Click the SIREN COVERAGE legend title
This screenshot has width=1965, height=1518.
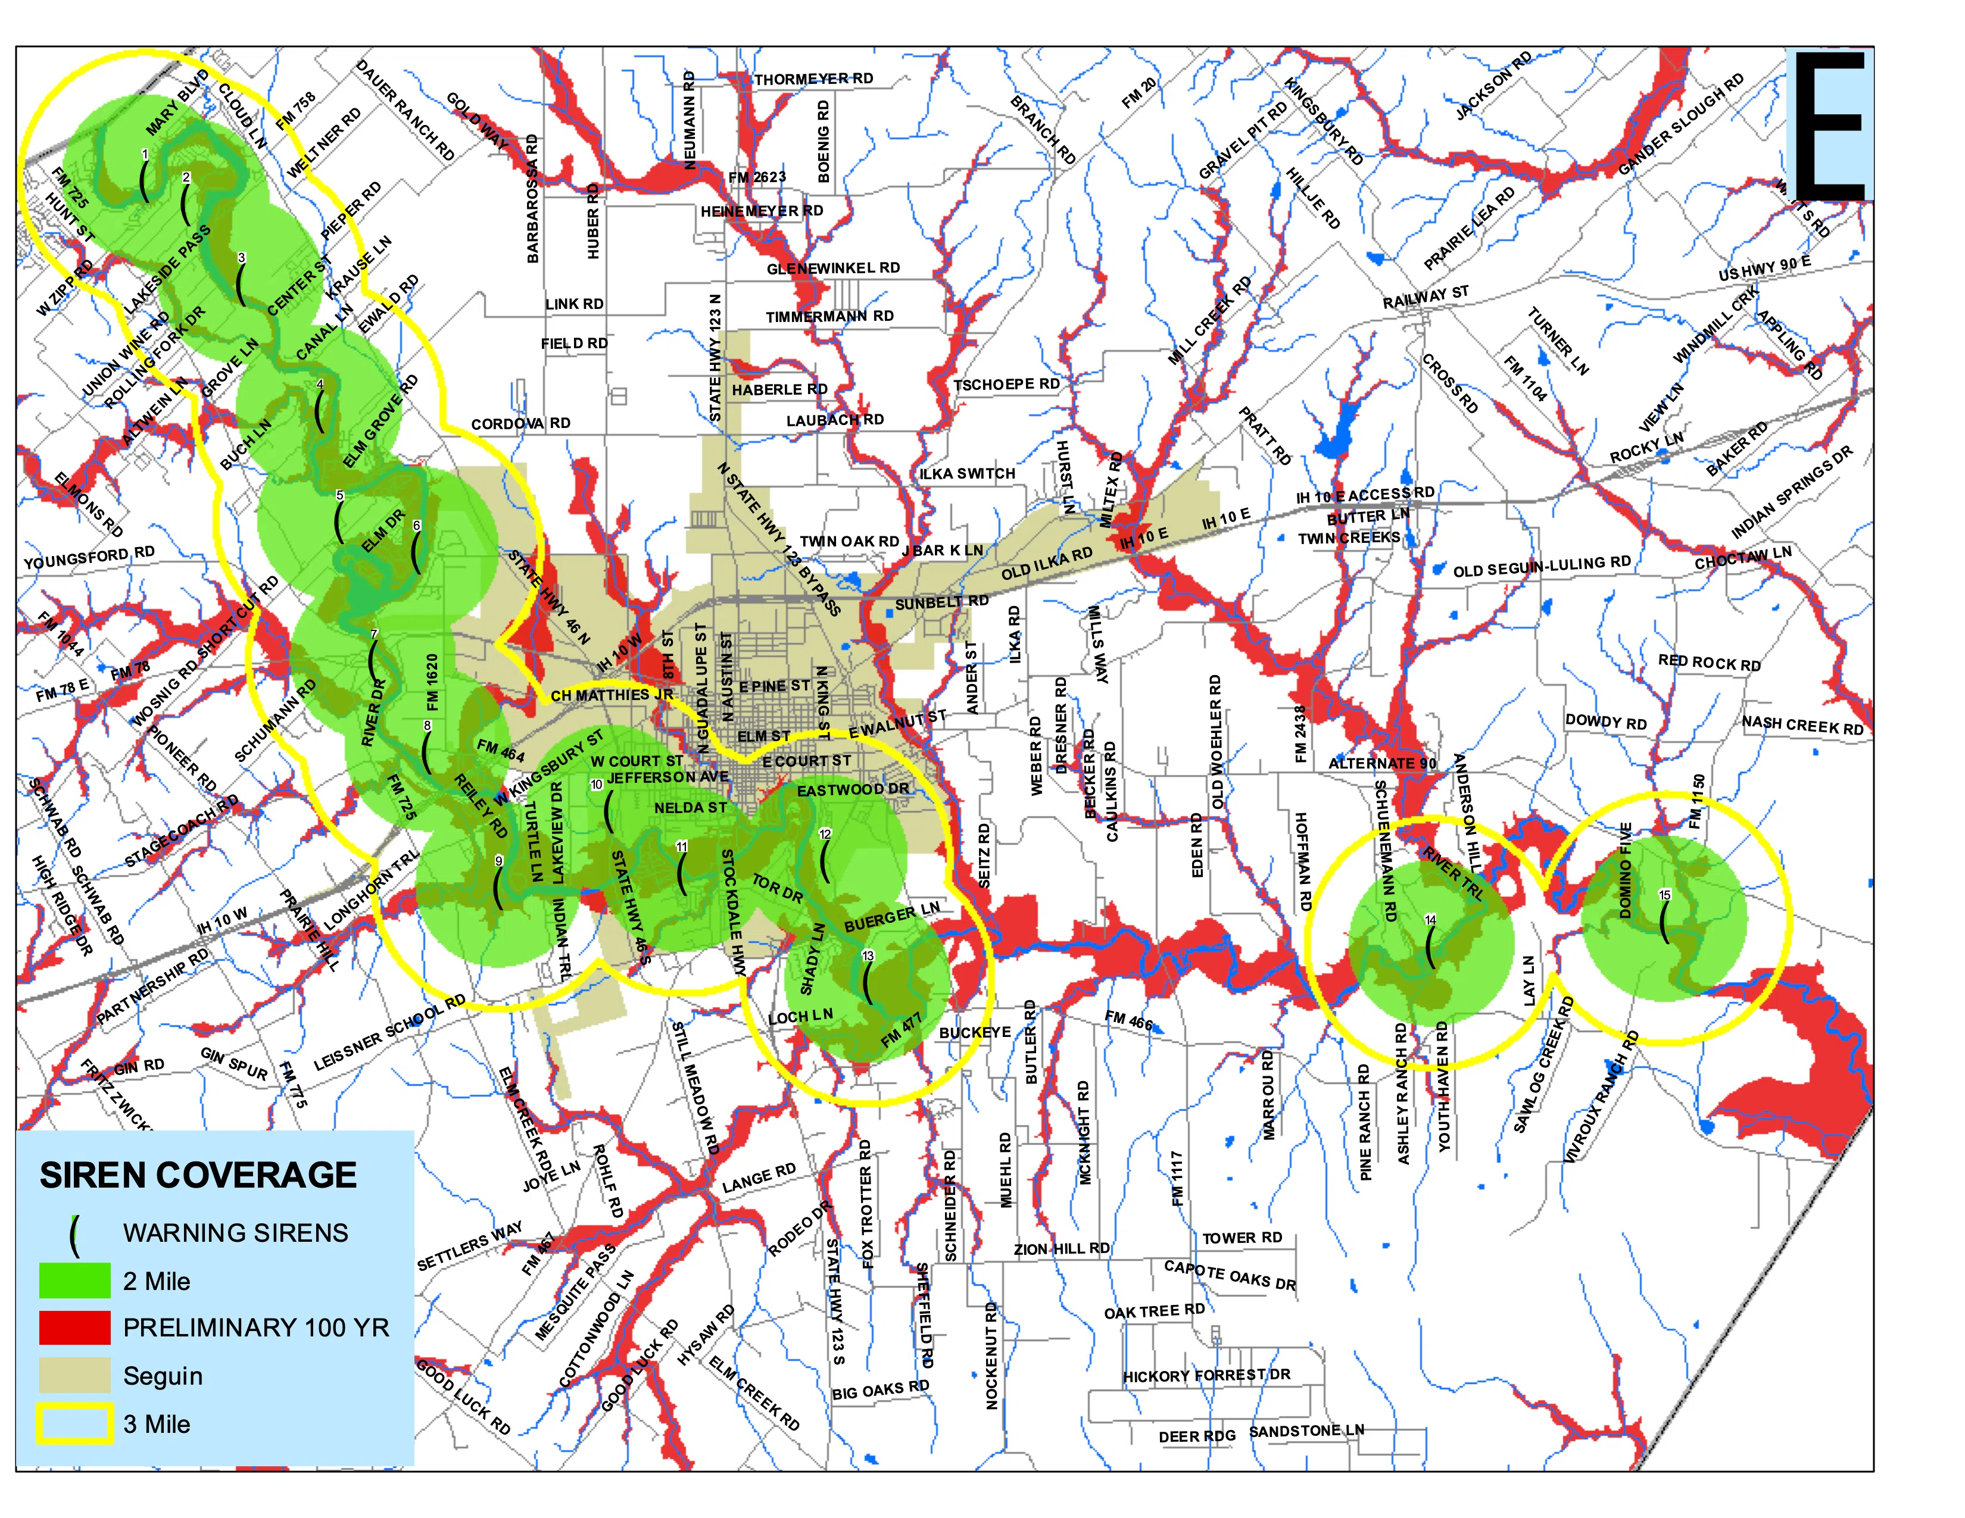pyautogui.click(x=198, y=1175)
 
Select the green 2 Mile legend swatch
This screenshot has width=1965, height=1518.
pyautogui.click(x=74, y=1280)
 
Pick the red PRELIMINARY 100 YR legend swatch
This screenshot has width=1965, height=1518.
pyautogui.click(x=74, y=1328)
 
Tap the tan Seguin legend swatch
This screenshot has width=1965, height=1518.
pyautogui.click(x=74, y=1375)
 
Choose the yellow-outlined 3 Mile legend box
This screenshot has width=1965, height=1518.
pyautogui.click(x=74, y=1423)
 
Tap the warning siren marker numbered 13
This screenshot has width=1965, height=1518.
pyautogui.click(x=868, y=984)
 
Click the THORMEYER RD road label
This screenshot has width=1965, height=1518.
pyautogui.click(x=813, y=79)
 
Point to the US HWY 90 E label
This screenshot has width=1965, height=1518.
pyautogui.click(x=1764, y=268)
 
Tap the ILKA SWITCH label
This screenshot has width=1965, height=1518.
pyautogui.click(x=966, y=474)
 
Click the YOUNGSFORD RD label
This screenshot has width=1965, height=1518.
pyautogui.click(x=89, y=558)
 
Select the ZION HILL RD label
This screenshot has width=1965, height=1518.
pyautogui.click(x=1062, y=1249)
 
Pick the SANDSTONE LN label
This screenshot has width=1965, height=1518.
pyautogui.click(x=1306, y=1430)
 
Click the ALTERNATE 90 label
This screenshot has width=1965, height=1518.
pyautogui.click(x=1382, y=764)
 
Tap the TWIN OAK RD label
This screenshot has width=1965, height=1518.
pyautogui.click(x=849, y=541)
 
